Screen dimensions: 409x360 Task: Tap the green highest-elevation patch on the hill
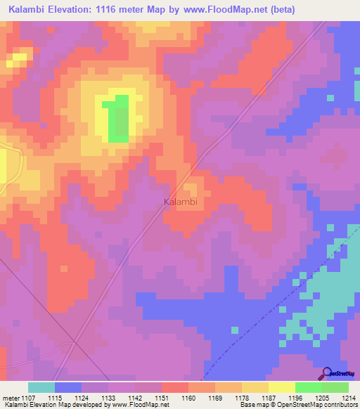tap(117, 118)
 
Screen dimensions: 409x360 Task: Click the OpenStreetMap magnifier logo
tap(327, 373)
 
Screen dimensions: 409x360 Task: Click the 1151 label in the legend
tap(162, 397)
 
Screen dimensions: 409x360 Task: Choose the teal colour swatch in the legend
tap(41, 387)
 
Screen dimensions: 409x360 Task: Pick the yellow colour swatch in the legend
tap(281, 387)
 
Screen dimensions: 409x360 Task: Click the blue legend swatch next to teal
tap(68, 387)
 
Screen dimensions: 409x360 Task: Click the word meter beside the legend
tap(12, 397)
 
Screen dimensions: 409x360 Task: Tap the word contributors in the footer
tap(338, 405)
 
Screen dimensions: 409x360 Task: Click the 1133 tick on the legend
tap(108, 397)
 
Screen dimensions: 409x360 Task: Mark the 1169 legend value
tap(214, 397)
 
